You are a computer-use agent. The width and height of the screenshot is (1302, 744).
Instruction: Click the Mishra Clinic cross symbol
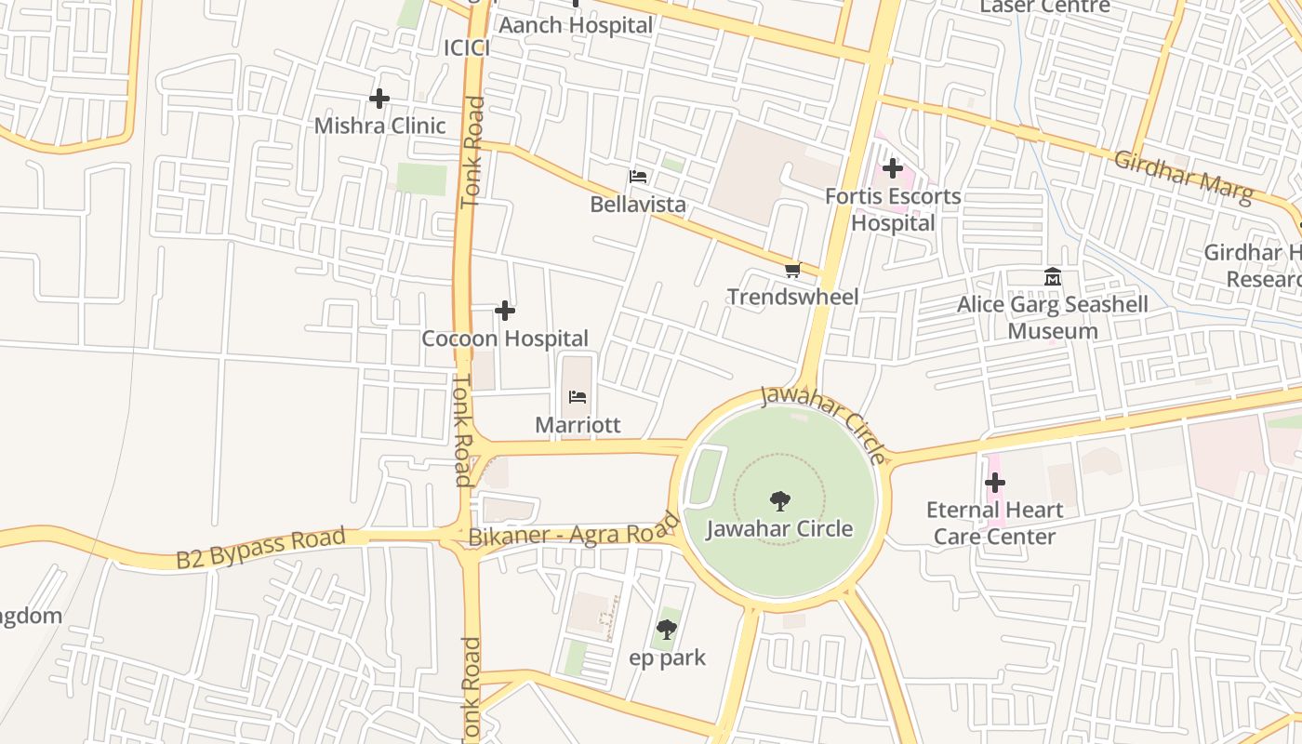coord(379,99)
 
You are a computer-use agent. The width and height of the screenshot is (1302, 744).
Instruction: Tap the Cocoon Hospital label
coord(505,339)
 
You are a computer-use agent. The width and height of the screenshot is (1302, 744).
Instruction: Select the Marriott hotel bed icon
coord(578,397)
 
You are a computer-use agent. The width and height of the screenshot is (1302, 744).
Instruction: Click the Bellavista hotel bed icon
coord(638,176)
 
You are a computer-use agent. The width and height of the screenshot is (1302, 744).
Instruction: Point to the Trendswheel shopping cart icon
coord(792,270)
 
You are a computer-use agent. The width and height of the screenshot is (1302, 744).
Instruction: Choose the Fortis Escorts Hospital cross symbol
coord(893,168)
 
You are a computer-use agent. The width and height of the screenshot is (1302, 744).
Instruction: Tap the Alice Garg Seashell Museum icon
coord(1053,277)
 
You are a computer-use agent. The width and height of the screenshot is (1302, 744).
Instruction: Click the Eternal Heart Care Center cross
coord(995,483)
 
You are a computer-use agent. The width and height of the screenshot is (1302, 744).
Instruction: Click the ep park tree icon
coord(667,630)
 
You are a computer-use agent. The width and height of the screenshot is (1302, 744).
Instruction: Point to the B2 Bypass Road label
coord(260,548)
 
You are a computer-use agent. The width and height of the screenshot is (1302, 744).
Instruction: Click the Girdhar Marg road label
coord(1183,173)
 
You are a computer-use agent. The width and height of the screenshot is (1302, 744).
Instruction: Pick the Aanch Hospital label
coord(576,26)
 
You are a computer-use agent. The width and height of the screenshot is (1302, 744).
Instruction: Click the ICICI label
coord(466,48)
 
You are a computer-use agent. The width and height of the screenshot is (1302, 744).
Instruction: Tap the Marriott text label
coord(578,425)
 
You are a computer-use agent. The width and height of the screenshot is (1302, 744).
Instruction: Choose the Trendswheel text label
coord(792,297)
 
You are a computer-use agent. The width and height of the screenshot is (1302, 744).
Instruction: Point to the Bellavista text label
coord(638,204)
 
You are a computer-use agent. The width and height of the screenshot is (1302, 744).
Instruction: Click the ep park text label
coord(667,658)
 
